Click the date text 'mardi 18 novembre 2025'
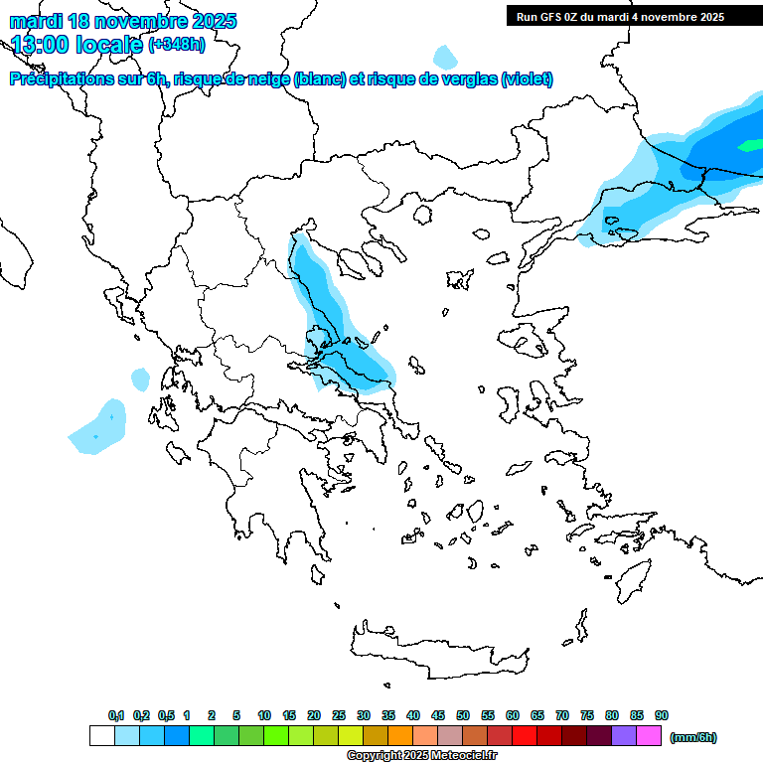(123, 21)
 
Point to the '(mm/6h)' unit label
(693, 737)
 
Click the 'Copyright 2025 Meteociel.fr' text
(421, 755)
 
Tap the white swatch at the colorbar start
(101, 736)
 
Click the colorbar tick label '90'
(662, 715)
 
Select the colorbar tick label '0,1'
(116, 715)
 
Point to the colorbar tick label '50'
(463, 715)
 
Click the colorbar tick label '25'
(339, 715)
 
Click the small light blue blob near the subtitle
(446, 57)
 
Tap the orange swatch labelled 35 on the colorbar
(400, 736)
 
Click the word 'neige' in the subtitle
(267, 79)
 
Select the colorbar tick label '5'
(236, 715)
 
